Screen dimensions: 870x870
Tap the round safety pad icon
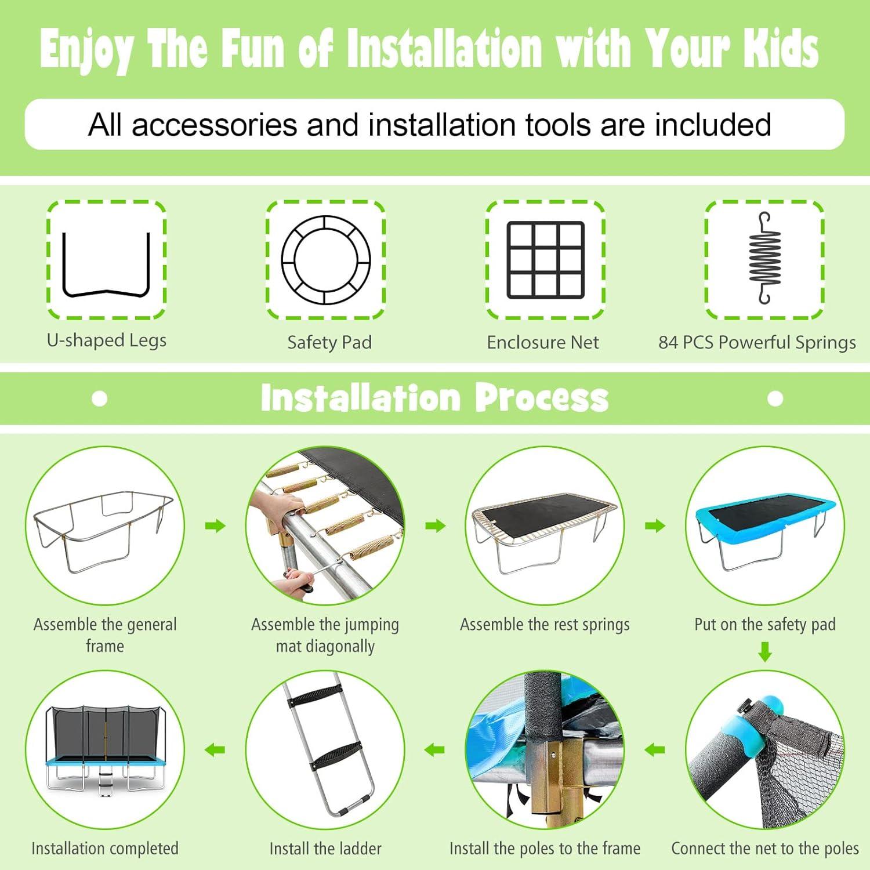coord(326,217)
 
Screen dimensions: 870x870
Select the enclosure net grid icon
coord(545,260)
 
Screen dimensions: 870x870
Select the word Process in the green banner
coord(542,398)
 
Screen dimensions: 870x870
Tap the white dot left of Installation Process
coord(100,398)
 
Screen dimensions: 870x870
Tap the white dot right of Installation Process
coord(775,398)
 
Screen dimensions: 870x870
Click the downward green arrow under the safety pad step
coord(765,651)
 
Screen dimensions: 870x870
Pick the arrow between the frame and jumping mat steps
coord(215,526)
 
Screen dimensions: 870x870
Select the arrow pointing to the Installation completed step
coord(215,750)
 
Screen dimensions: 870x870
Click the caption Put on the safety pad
coord(765,625)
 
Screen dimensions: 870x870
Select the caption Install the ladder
coord(325,849)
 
